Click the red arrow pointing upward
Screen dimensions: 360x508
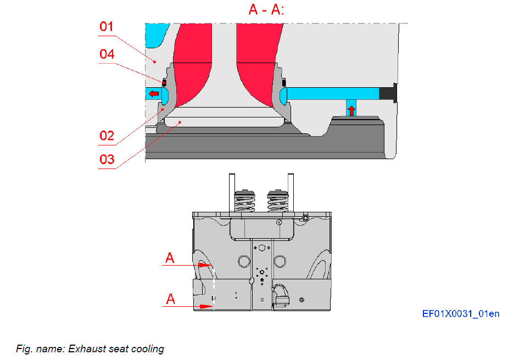[351, 109]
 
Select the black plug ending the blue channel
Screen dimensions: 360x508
[388, 93]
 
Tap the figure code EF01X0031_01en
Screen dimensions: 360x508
[461, 314]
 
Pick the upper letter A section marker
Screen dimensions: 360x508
[170, 257]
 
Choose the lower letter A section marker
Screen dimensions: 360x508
[170, 299]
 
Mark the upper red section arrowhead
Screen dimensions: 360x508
[205, 265]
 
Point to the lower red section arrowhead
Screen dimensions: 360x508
[205, 307]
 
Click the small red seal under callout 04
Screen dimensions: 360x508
[164, 83]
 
